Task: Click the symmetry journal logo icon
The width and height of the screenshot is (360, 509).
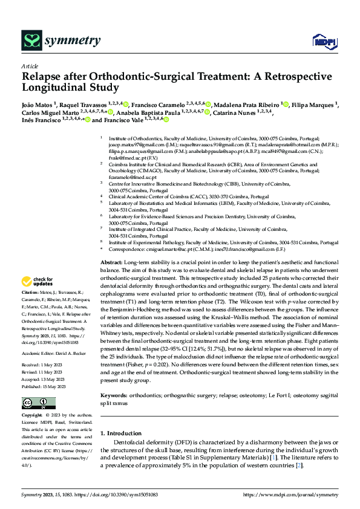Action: click(30, 41)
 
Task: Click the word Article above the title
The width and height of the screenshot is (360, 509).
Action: click(30, 66)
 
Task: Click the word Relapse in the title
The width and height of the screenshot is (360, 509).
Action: click(43, 77)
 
